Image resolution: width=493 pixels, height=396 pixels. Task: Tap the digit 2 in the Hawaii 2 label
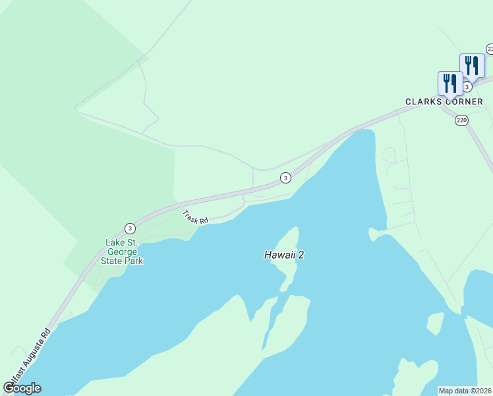(301, 255)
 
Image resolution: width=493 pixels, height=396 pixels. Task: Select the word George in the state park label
(125, 251)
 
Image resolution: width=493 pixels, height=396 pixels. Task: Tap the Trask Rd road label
(195, 216)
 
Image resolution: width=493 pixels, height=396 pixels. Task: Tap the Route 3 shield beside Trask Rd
(130, 228)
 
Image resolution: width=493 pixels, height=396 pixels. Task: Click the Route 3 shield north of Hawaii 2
(285, 178)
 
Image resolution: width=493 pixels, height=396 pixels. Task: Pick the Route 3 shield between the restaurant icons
(467, 86)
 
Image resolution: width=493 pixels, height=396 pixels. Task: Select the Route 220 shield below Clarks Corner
(461, 120)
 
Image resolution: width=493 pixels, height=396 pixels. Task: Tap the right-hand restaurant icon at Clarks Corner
(471, 65)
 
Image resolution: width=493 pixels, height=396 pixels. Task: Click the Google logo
(22, 388)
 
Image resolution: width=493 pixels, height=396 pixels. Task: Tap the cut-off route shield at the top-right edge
(490, 49)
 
